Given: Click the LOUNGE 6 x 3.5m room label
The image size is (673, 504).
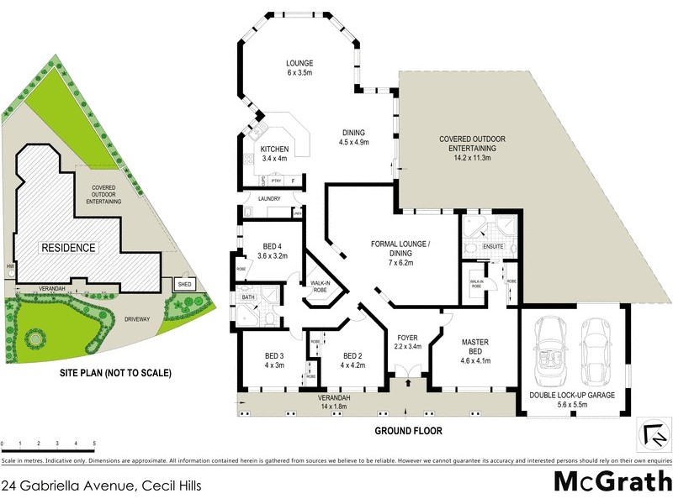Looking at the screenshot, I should pyautogui.click(x=299, y=68).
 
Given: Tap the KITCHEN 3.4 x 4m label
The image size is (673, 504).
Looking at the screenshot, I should pyautogui.click(x=274, y=154).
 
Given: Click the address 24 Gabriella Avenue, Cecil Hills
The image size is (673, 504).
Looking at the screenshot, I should pyautogui.click(x=101, y=485).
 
